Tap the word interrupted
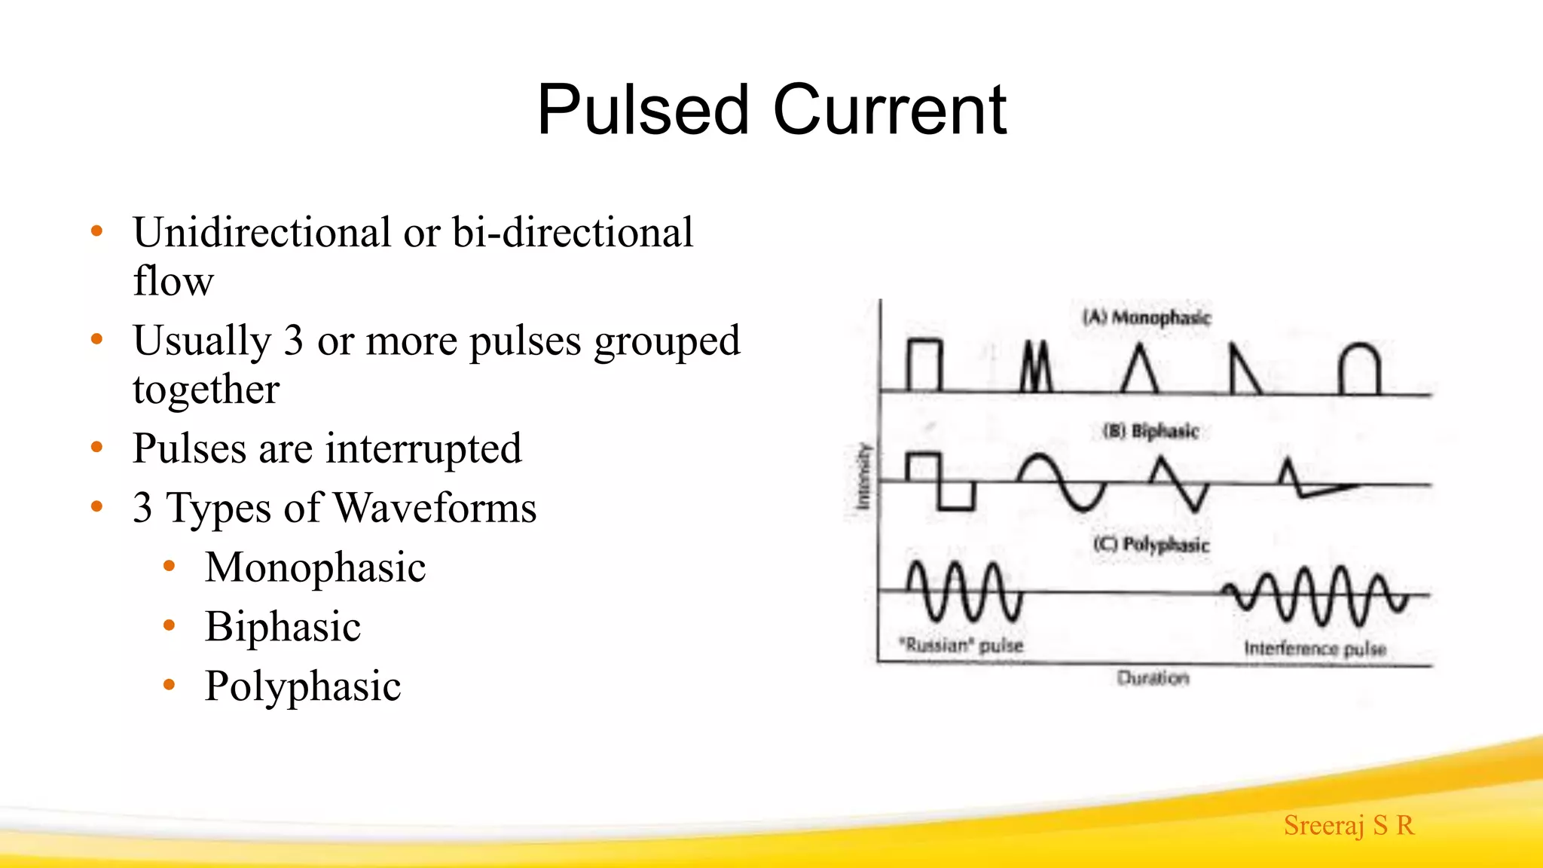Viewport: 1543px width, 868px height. tap(423, 448)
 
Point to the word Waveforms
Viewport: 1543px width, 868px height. tap(435, 508)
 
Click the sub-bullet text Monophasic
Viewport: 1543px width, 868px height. tap(315, 567)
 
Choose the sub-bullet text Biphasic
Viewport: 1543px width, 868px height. tap(283, 627)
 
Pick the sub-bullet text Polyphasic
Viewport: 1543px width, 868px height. tap(303, 686)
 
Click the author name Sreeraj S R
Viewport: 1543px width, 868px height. tap(1349, 825)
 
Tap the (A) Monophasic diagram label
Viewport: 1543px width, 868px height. tap(1146, 317)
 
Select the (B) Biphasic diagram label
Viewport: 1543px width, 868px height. tap(1150, 431)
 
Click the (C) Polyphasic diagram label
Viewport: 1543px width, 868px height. tap(1151, 544)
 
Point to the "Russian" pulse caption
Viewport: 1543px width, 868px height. tap(961, 645)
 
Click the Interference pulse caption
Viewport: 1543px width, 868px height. tap(1315, 649)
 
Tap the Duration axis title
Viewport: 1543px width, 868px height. tap(1153, 678)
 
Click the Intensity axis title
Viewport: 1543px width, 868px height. tap(863, 476)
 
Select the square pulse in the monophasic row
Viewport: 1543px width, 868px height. tap(924, 366)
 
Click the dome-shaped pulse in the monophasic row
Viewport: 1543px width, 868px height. tap(1359, 369)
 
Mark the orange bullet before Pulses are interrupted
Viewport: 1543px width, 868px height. tap(96, 448)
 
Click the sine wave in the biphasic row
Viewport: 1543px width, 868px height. tap(1062, 482)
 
